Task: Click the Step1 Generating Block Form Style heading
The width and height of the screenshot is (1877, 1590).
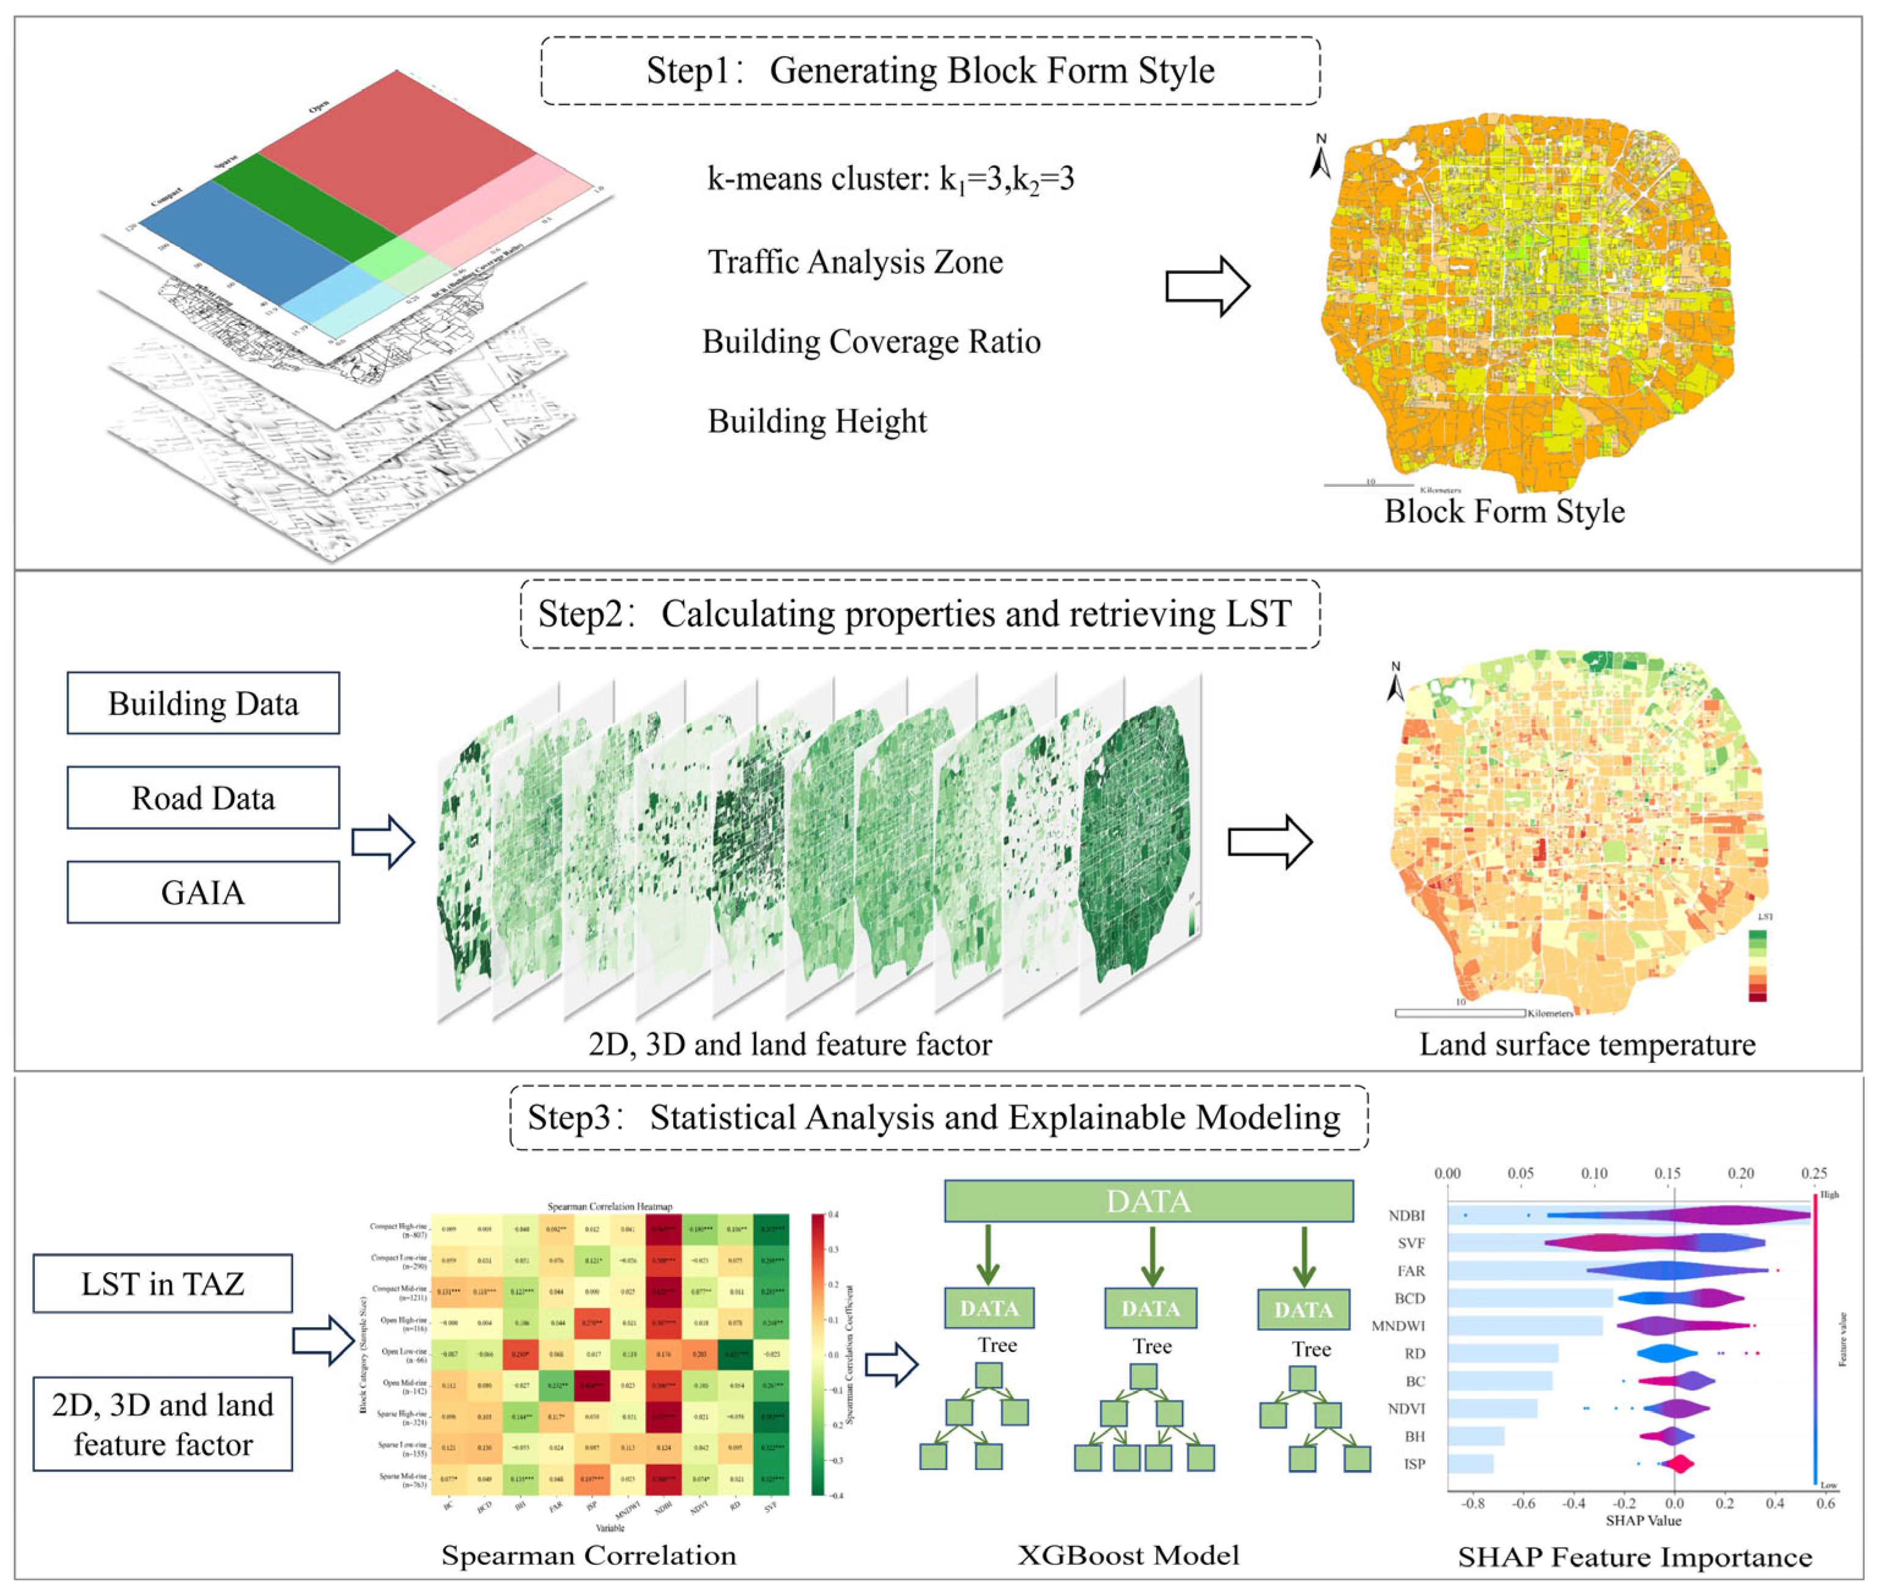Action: tap(930, 71)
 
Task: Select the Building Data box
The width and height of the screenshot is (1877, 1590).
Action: tap(203, 703)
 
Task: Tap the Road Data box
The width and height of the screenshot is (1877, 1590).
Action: tap(203, 797)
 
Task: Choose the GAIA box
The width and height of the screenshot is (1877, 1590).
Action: tap(203, 892)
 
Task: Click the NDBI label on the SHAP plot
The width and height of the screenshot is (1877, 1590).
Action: tap(1407, 1216)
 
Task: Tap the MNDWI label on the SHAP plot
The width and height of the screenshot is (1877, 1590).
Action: tap(1398, 1326)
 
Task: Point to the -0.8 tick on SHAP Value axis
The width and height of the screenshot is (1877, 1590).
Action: tap(1472, 1504)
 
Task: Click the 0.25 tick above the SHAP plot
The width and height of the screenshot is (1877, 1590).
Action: tap(1813, 1174)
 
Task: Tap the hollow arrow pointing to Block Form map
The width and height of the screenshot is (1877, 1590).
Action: tap(1206, 287)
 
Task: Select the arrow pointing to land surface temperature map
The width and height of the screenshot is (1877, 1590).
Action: tap(1270, 842)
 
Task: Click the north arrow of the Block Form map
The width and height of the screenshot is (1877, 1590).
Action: tap(1320, 158)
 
